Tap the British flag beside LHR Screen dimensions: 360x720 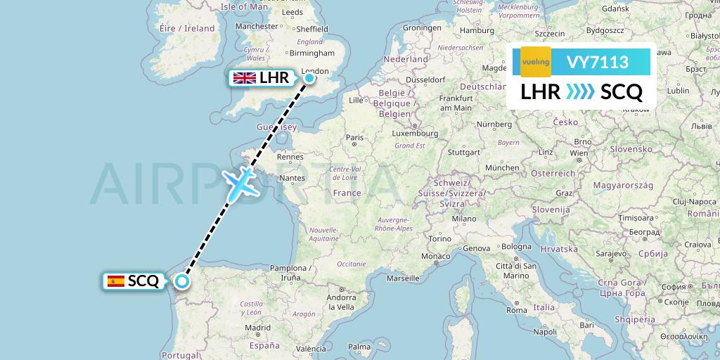pos(245,78)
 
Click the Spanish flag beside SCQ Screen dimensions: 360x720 pos(116,281)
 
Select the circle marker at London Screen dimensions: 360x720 pos(309,77)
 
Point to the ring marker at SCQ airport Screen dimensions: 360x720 pos(182,281)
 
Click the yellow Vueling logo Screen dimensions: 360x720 pos(535,62)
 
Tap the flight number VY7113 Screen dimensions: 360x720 pos(597,63)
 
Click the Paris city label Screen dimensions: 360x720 pos(354,138)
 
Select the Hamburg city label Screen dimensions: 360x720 pos(477,30)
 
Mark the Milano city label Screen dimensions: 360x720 pos(464,219)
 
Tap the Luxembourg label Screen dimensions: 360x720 pos(415,132)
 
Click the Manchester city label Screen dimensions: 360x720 pos(257,26)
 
